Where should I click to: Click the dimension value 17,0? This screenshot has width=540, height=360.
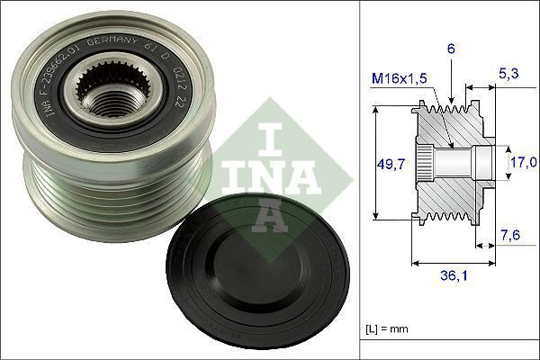click(x=523, y=163)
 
